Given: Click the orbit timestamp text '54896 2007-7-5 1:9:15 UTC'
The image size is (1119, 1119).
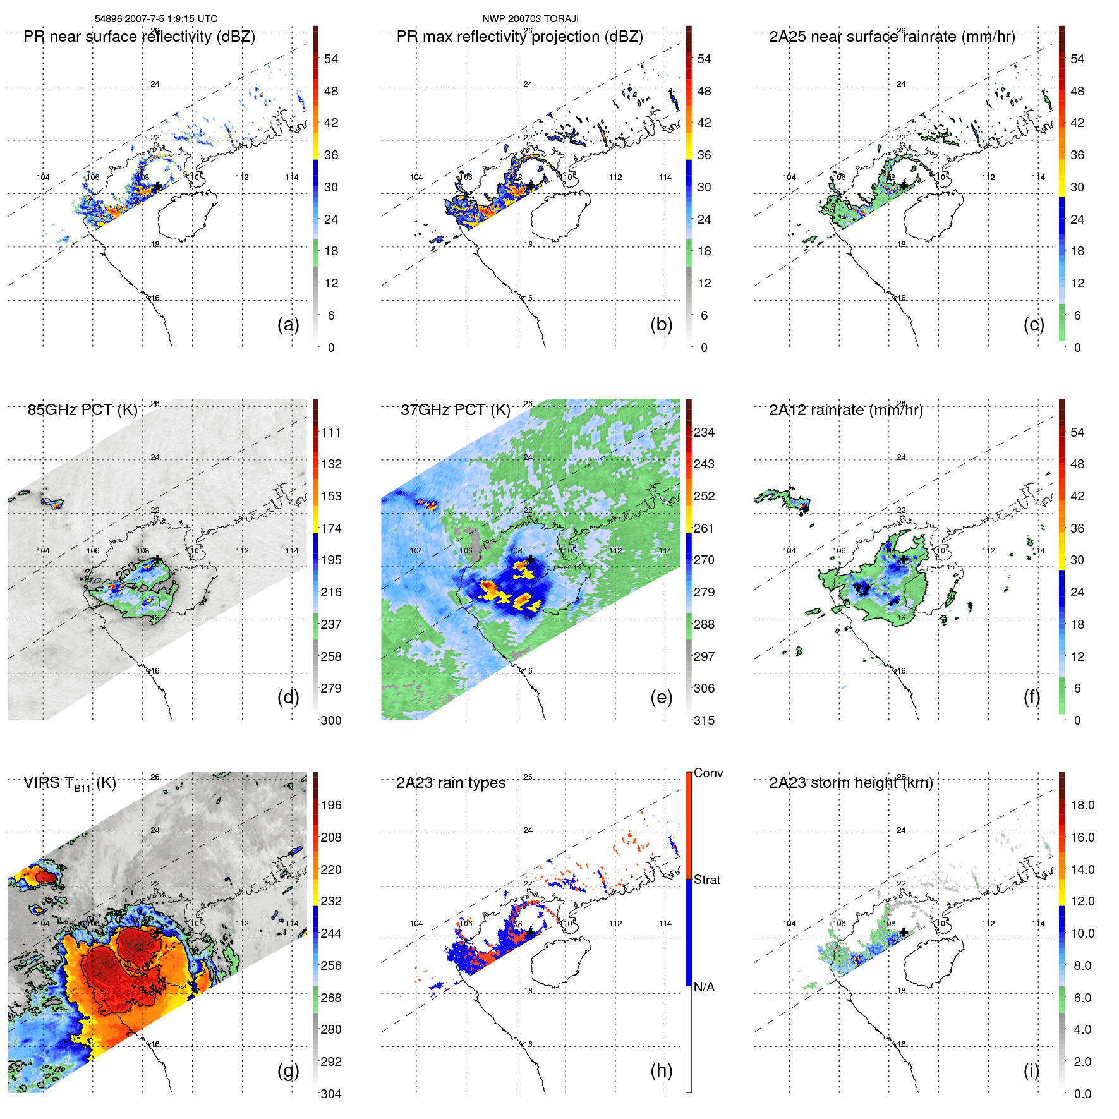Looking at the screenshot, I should pyautogui.click(x=156, y=19).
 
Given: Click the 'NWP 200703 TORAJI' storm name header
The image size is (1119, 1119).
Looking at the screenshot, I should pyautogui.click(x=530, y=19).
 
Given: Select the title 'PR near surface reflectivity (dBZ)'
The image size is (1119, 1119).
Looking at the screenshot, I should pyautogui.click(x=139, y=37).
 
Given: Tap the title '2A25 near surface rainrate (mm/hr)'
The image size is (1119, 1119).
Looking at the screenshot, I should pyautogui.click(x=892, y=37).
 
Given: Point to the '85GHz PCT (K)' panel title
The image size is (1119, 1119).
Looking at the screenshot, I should pyautogui.click(x=82, y=410).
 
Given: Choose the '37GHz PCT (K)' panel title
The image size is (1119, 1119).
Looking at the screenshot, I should pyautogui.click(x=455, y=410).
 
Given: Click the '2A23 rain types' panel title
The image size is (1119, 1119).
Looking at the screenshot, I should pyautogui.click(x=451, y=783).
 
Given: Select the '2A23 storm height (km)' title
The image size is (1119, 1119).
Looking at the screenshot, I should pyautogui.click(x=850, y=783).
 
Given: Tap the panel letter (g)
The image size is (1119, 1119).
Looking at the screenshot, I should pyautogui.click(x=288, y=1070).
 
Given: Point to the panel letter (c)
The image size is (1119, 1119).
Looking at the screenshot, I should pyautogui.click(x=1034, y=324).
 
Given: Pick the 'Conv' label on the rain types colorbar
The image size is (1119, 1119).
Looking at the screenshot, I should pyautogui.click(x=708, y=773).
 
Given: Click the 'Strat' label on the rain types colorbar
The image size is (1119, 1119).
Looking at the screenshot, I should pyautogui.click(x=707, y=880).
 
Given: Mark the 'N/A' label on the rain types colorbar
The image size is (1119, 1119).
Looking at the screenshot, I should pyautogui.click(x=704, y=987).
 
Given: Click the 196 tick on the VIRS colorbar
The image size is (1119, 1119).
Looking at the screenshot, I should pyautogui.click(x=331, y=805).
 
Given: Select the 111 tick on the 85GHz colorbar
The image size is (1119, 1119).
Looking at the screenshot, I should pyautogui.click(x=331, y=432).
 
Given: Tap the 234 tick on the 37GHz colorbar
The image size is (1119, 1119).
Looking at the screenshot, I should pyautogui.click(x=704, y=432).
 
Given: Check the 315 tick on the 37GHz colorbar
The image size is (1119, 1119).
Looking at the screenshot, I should pyautogui.click(x=704, y=720).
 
